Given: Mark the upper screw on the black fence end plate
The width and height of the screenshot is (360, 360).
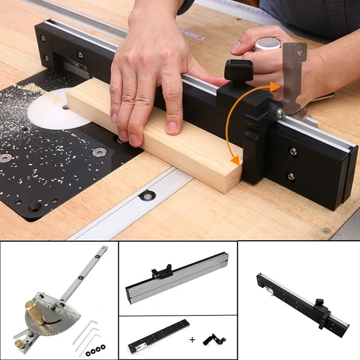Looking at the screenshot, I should point(293,151).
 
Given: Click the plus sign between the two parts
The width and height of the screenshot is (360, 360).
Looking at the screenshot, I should point(192,340).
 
